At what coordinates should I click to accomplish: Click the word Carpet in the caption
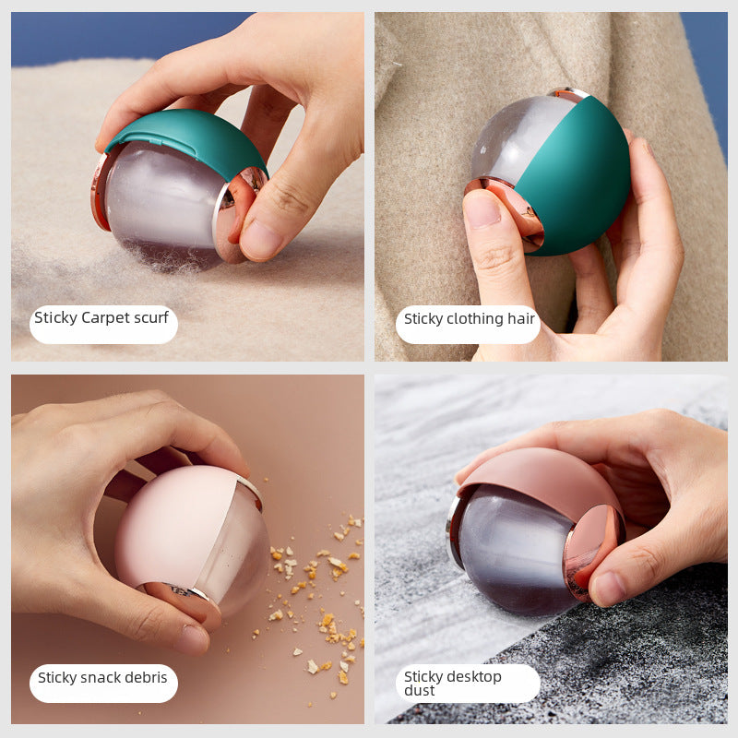(106, 318)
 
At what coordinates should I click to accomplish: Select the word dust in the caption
(419, 691)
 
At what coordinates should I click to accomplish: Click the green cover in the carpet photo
(184, 134)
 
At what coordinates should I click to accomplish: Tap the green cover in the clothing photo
(577, 175)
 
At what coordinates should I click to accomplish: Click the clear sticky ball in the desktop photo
(512, 553)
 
